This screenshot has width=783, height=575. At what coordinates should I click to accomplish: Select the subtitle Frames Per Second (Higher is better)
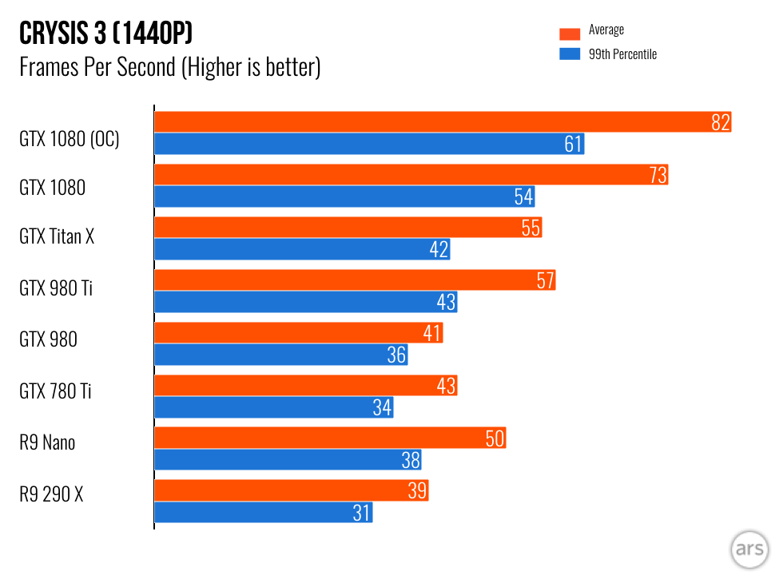pos(169,67)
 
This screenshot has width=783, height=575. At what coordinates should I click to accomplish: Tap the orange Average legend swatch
pos(569,33)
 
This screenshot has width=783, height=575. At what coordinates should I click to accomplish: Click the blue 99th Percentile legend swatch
pos(569,54)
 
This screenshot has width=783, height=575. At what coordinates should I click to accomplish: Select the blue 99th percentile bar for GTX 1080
pos(344,196)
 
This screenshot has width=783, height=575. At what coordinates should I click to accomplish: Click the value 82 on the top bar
pos(721,122)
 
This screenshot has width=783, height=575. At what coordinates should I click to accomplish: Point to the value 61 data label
pos(573,144)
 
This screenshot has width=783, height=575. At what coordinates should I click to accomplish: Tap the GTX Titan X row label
pos(57,236)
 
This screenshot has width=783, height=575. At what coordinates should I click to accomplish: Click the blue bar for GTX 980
pos(280,355)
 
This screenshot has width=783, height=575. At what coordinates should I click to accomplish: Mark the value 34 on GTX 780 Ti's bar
pos(382,407)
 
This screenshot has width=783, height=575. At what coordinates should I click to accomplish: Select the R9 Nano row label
pos(47,442)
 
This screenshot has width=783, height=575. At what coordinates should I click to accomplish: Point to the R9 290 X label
pos(51,494)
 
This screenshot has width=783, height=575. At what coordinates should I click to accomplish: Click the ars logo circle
pos(749,550)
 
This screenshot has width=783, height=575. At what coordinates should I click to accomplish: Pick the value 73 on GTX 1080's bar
pos(658,175)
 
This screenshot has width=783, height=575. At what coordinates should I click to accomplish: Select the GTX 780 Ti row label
pos(55,391)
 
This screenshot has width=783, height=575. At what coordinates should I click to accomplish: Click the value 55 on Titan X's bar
pos(531,228)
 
